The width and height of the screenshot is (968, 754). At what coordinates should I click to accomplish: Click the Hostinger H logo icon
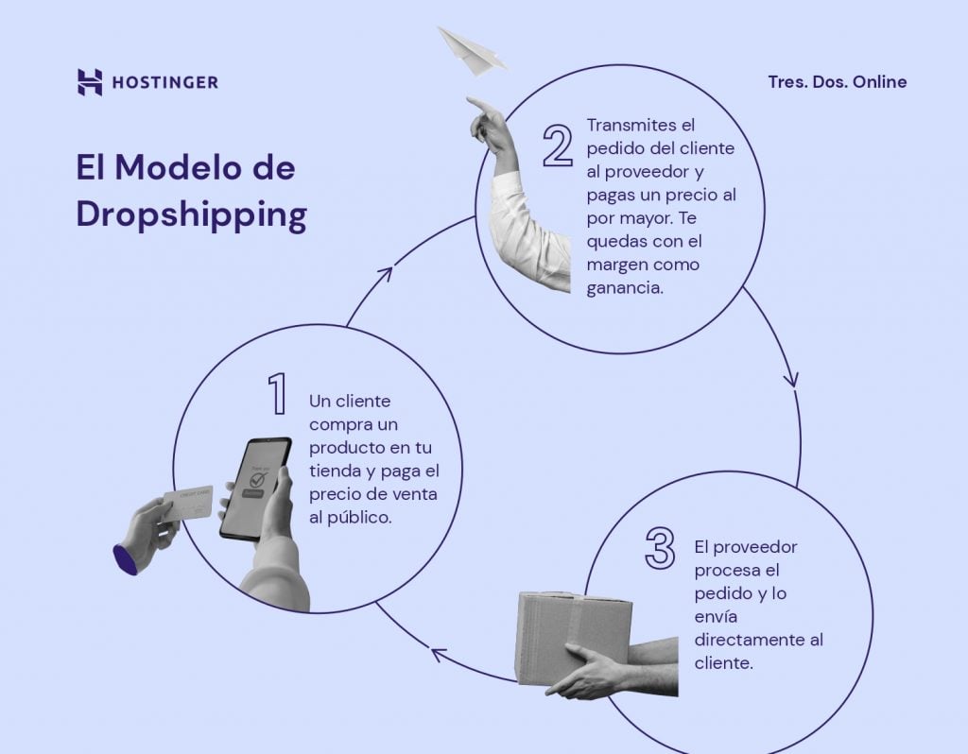[89, 82]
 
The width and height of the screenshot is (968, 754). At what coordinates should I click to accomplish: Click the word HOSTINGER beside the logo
[164, 83]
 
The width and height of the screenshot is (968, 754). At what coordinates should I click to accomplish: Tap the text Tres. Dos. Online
[837, 82]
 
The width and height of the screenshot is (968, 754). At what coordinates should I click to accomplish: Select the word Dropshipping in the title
[191, 214]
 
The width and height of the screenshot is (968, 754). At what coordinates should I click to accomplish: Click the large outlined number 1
[276, 394]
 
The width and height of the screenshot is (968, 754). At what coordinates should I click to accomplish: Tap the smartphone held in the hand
[254, 487]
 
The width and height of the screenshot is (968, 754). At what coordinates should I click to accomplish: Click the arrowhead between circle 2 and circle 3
[791, 379]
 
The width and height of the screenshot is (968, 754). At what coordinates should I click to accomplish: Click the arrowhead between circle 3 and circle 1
[438, 652]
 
